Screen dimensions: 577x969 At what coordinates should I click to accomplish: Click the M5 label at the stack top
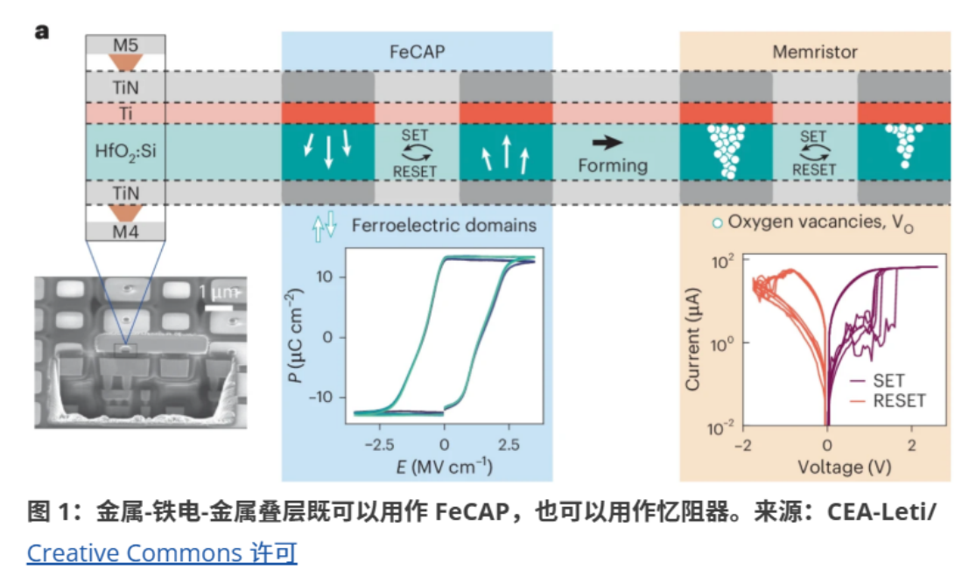[126, 43]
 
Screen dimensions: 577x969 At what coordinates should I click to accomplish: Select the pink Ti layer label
[126, 114]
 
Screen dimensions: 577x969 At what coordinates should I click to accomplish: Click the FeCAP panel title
[417, 52]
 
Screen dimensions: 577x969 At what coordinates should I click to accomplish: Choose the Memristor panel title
[814, 52]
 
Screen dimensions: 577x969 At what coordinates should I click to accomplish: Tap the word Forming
[612, 165]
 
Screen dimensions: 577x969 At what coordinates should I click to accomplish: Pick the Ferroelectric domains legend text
[444, 225]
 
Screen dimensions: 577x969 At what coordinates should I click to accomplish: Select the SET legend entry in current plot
[888, 381]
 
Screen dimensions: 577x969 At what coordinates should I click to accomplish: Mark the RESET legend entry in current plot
[898, 401]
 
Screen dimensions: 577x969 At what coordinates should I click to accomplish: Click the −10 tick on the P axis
[326, 397]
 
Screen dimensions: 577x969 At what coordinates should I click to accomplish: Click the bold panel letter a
[41, 32]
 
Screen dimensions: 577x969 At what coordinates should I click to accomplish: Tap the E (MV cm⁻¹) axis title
[443, 467]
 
